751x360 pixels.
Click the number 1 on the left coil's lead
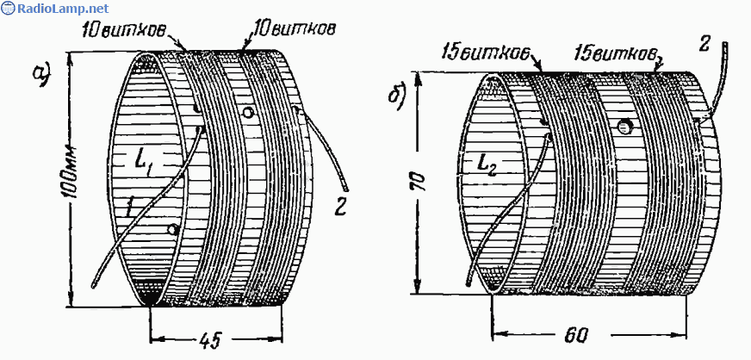click(x=129, y=207)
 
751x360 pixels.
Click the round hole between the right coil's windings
click(x=624, y=127)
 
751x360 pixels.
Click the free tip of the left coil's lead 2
click(x=346, y=189)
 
